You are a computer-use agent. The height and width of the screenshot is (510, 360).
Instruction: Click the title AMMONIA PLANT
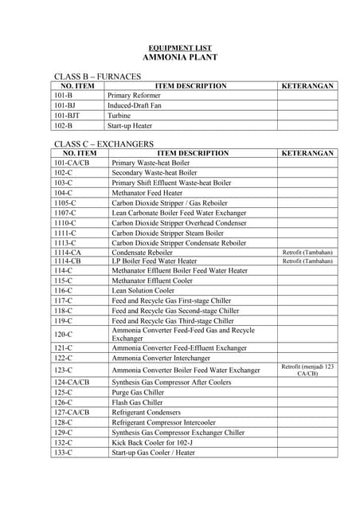[x=179, y=58]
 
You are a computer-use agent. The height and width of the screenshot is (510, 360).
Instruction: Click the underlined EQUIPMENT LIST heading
[x=179, y=49]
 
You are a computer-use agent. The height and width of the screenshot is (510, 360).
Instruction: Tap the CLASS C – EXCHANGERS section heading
[x=104, y=143]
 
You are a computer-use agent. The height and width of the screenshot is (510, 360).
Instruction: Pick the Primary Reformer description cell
[x=134, y=96]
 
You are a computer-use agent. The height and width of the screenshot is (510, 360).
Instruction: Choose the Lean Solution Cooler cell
[x=143, y=291]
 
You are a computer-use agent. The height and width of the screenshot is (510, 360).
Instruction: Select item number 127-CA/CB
[x=72, y=413]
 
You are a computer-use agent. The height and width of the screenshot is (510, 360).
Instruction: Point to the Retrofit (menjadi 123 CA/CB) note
[x=307, y=370]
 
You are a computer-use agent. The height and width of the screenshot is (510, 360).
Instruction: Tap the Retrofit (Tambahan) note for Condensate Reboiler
[x=307, y=253]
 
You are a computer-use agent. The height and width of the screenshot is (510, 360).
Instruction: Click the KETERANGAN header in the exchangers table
[x=307, y=153]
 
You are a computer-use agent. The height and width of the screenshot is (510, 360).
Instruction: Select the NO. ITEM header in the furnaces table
[x=77, y=86]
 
